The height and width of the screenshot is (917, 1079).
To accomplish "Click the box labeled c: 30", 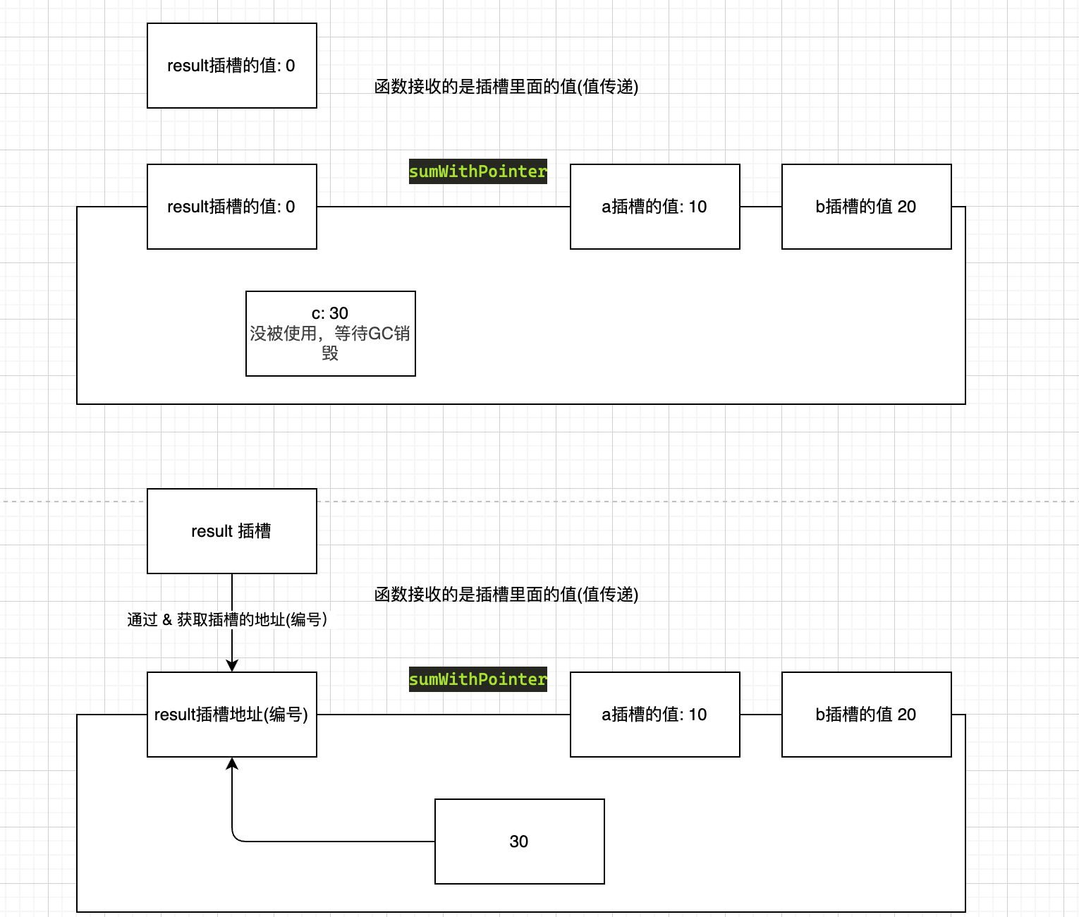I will pyautogui.click(x=330, y=334).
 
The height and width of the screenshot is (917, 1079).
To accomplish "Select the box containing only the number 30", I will pyautogui.click(x=519, y=841).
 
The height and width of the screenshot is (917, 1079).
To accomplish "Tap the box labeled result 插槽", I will pyautogui.click(x=231, y=530).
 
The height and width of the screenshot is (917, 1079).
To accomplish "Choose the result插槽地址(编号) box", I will pyautogui.click(x=231, y=714).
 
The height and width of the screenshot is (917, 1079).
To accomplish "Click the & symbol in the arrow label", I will pyautogui.click(x=167, y=619).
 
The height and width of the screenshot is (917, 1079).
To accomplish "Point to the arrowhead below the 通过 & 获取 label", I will pyautogui.click(x=232, y=665).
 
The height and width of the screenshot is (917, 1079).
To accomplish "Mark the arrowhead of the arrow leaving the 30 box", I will pyautogui.click(x=232, y=763).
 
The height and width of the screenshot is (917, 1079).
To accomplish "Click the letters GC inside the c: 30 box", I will pyautogui.click(x=381, y=333).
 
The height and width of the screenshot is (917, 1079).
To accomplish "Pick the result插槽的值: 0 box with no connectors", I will pyautogui.click(x=231, y=66).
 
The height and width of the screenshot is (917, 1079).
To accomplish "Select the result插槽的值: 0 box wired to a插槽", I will pyautogui.click(x=231, y=207).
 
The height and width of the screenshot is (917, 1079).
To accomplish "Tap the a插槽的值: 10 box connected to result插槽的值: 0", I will pyautogui.click(x=654, y=207).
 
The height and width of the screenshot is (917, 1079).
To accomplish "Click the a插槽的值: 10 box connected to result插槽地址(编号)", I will pyautogui.click(x=654, y=714).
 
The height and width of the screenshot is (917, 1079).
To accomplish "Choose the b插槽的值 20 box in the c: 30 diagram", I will pyautogui.click(x=866, y=207).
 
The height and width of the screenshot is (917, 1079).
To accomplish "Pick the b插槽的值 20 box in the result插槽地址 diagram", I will pyautogui.click(x=866, y=714).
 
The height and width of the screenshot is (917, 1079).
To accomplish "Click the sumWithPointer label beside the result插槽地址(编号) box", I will pyautogui.click(x=478, y=679).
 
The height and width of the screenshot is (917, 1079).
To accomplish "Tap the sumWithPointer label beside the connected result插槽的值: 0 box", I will pyautogui.click(x=478, y=171).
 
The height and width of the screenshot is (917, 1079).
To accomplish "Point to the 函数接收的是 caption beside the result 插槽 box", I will pyautogui.click(x=506, y=594).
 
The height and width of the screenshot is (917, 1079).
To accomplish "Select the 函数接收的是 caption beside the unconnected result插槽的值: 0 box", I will pyautogui.click(x=506, y=86).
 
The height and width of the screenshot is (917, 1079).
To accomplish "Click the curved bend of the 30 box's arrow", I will pyautogui.click(x=236, y=837).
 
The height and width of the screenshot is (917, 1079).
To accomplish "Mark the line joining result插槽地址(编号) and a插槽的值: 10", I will pyautogui.click(x=443, y=715).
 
